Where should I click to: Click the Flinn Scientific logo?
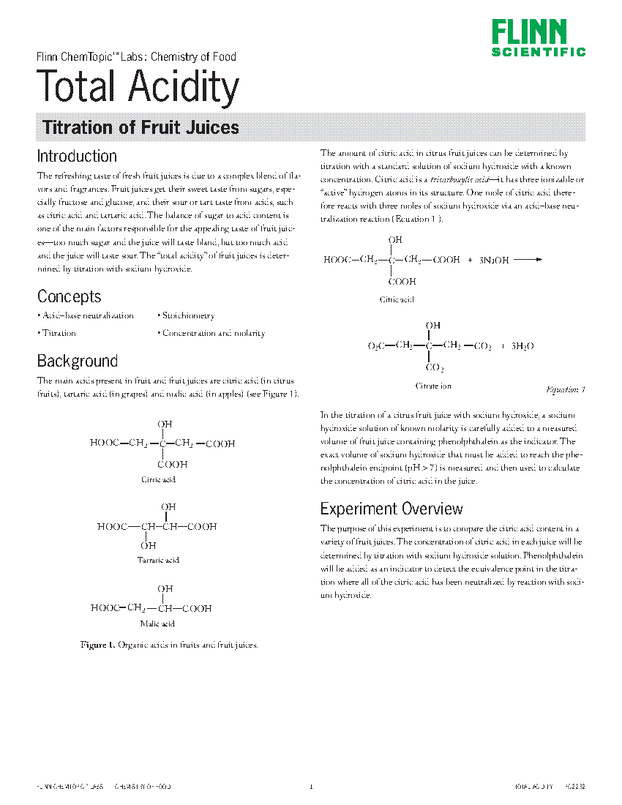539,37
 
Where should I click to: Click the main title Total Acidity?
138,86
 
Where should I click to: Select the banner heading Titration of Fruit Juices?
140,127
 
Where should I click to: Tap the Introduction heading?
77,156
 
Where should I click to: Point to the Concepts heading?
69,296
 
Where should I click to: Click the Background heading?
77,361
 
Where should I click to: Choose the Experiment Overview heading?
391,509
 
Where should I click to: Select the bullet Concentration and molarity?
211,333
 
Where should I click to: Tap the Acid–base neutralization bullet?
86,315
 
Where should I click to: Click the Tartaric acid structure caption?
158,560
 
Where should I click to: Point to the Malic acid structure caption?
157,624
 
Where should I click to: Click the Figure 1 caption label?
97,645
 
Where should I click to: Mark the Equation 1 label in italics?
566,390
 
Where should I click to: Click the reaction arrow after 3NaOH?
527,259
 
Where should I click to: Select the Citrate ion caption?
433,386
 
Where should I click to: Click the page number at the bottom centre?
311,787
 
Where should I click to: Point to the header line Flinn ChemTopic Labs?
136,56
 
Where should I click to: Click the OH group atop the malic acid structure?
166,589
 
